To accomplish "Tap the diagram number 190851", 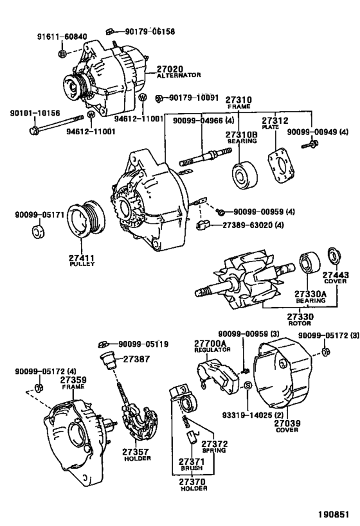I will [335, 514].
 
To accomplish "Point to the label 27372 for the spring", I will [214, 444].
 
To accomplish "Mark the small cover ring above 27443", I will [334, 254].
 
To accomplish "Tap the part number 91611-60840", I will [60, 37].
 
